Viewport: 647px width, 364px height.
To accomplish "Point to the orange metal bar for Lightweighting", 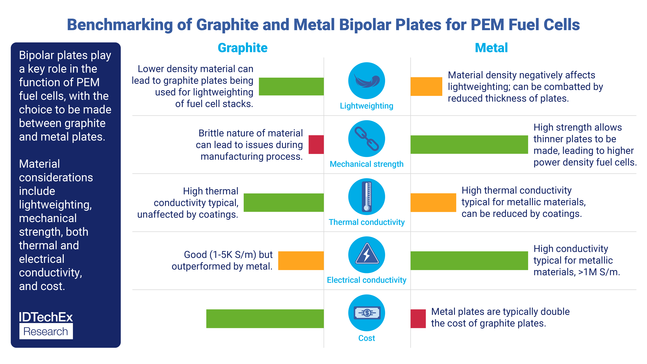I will click(426, 86).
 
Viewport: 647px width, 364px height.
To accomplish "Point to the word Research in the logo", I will click(46, 331).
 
